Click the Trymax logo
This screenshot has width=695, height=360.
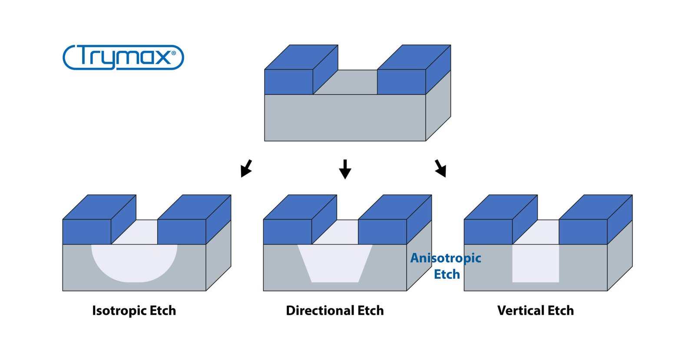pos(123,57)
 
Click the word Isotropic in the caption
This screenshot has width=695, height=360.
pos(119,311)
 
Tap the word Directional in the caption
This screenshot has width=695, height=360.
pos(320,311)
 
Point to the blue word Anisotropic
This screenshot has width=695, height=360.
pos(446,258)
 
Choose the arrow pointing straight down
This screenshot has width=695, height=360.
pos(345,169)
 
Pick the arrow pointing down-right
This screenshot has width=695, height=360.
pos(440,168)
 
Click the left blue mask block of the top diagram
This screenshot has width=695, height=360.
pos(288,82)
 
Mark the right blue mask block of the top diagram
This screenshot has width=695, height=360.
pos(401,82)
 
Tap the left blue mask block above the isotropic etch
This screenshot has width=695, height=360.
pos(87,231)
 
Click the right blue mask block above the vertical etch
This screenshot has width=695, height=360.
pos(582,231)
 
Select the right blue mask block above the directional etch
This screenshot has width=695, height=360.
pos(382,231)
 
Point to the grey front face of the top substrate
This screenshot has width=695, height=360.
pos(345,118)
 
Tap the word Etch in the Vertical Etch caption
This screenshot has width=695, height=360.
pos(560,311)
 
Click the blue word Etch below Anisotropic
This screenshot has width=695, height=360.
pos(447,274)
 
